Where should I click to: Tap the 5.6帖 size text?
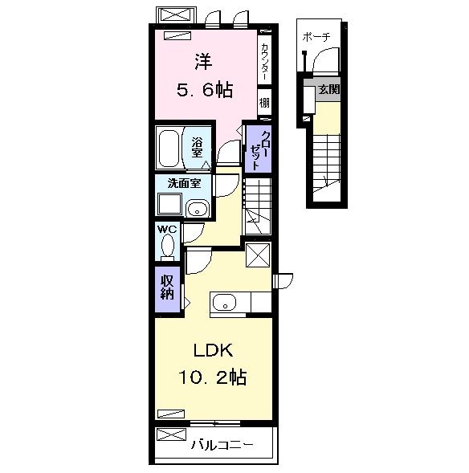204,89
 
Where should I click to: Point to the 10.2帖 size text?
213,376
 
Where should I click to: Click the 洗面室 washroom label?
183,182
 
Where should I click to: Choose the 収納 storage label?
167,287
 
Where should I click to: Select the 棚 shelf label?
264,104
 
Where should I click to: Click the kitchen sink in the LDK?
224,304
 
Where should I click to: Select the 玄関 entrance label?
328,89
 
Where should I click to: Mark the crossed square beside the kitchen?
259,255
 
